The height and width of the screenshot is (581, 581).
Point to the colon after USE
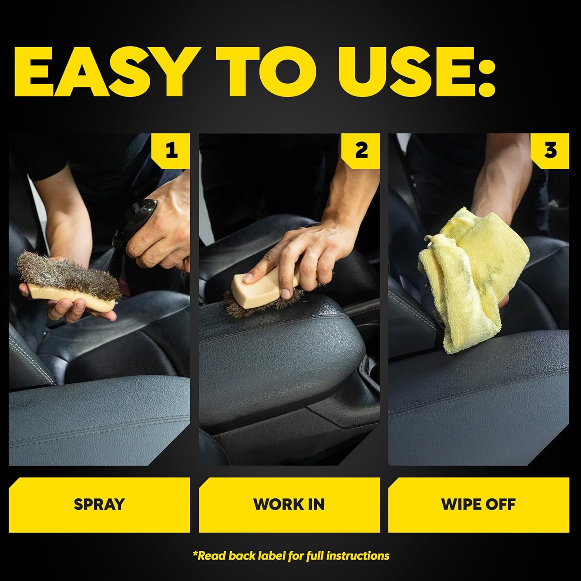click(486, 74)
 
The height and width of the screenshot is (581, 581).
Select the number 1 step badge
click(172, 150)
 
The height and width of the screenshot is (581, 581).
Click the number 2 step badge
click(361, 150)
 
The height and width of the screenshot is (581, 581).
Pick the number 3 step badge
click(550, 150)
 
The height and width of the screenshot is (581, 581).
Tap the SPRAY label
click(99, 504)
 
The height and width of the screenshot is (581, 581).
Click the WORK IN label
click(289, 504)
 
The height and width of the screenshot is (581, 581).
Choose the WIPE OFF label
click(478, 504)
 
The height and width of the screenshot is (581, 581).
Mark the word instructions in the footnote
click(358, 556)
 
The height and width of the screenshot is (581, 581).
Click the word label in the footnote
click(271, 556)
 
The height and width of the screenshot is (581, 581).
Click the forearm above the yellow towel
click(500, 186)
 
